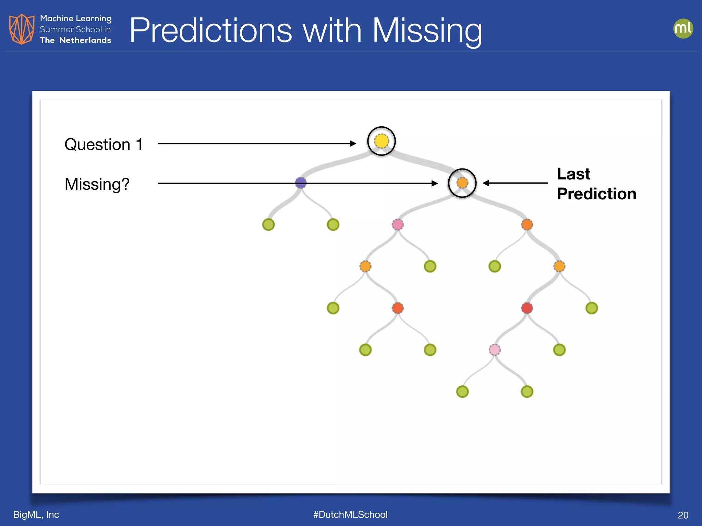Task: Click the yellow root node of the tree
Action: (x=381, y=141)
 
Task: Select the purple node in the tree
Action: (x=301, y=183)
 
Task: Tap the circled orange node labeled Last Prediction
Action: (x=462, y=183)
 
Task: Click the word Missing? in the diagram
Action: (x=97, y=184)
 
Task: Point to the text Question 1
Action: (x=104, y=145)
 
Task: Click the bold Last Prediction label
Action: (x=596, y=184)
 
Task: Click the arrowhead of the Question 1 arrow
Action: (x=353, y=143)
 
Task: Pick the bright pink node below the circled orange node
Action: (x=397, y=225)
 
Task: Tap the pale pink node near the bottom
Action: (x=494, y=350)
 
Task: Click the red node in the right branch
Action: (x=527, y=308)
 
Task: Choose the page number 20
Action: (x=683, y=515)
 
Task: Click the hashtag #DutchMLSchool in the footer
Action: (x=350, y=514)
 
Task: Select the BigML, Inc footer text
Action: (x=36, y=514)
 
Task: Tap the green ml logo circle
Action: (x=683, y=28)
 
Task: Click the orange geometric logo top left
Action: (x=22, y=29)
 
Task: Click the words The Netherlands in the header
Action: (x=75, y=40)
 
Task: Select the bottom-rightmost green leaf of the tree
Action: (x=527, y=391)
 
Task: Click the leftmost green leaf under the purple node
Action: (x=268, y=225)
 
